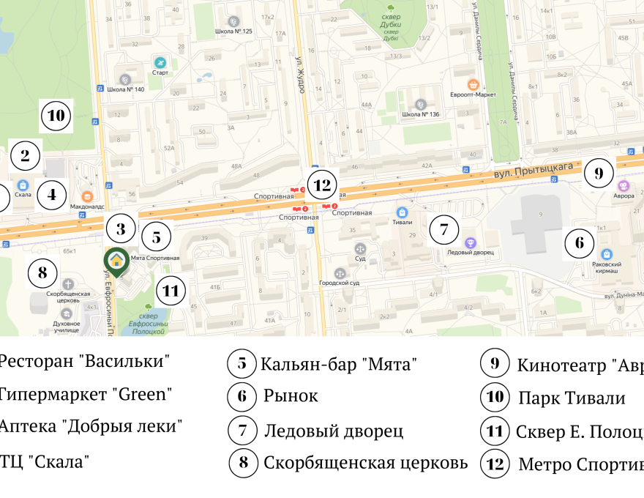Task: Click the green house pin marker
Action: (x=116, y=259)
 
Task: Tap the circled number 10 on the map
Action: (x=56, y=115)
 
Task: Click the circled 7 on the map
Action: (x=443, y=228)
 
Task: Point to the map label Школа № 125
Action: (x=233, y=31)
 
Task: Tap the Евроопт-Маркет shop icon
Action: (x=473, y=83)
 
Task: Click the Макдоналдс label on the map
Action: (x=87, y=207)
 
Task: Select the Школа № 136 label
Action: (x=420, y=114)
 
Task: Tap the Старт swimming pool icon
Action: (x=160, y=62)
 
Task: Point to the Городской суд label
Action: (x=339, y=283)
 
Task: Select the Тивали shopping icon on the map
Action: (x=401, y=212)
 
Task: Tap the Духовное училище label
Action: (x=67, y=327)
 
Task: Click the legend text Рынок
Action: (x=291, y=396)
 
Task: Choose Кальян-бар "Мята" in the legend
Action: (x=338, y=364)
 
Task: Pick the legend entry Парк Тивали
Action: (x=572, y=398)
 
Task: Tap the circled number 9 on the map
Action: (x=599, y=174)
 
